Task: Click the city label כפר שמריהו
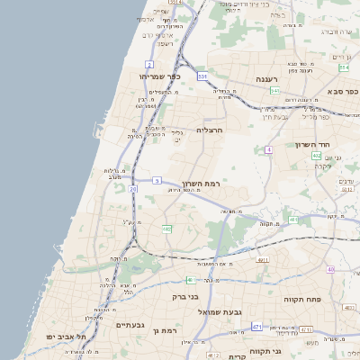click(161, 77)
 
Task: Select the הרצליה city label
click(208, 130)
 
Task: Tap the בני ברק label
click(185, 295)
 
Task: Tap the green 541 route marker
click(274, 91)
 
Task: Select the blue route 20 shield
click(133, 189)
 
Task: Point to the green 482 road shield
click(166, 229)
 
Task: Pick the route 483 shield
click(293, 220)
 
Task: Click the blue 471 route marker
click(257, 326)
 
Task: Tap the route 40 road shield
click(330, 269)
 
